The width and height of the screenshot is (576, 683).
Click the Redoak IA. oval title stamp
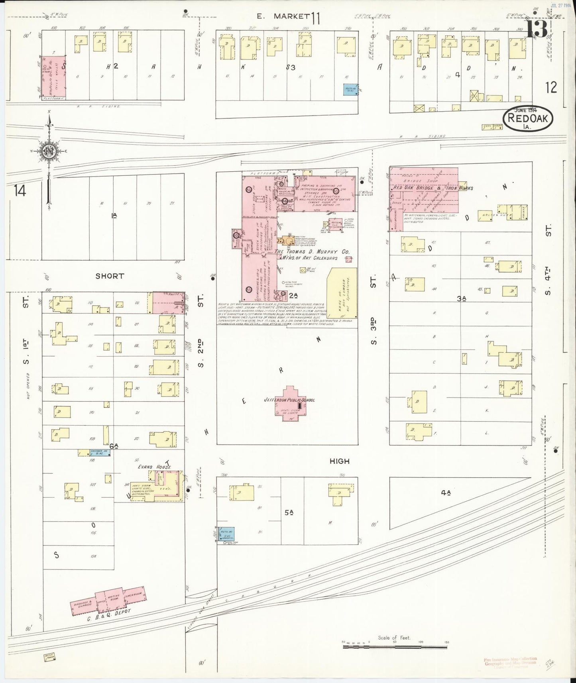(x=529, y=118)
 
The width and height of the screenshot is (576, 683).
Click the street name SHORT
(x=110, y=276)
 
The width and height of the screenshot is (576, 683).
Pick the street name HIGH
(x=339, y=461)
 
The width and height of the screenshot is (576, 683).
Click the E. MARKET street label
(x=283, y=16)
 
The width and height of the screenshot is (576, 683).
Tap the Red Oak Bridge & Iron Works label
(x=432, y=187)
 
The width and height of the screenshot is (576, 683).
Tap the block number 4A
(x=445, y=493)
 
